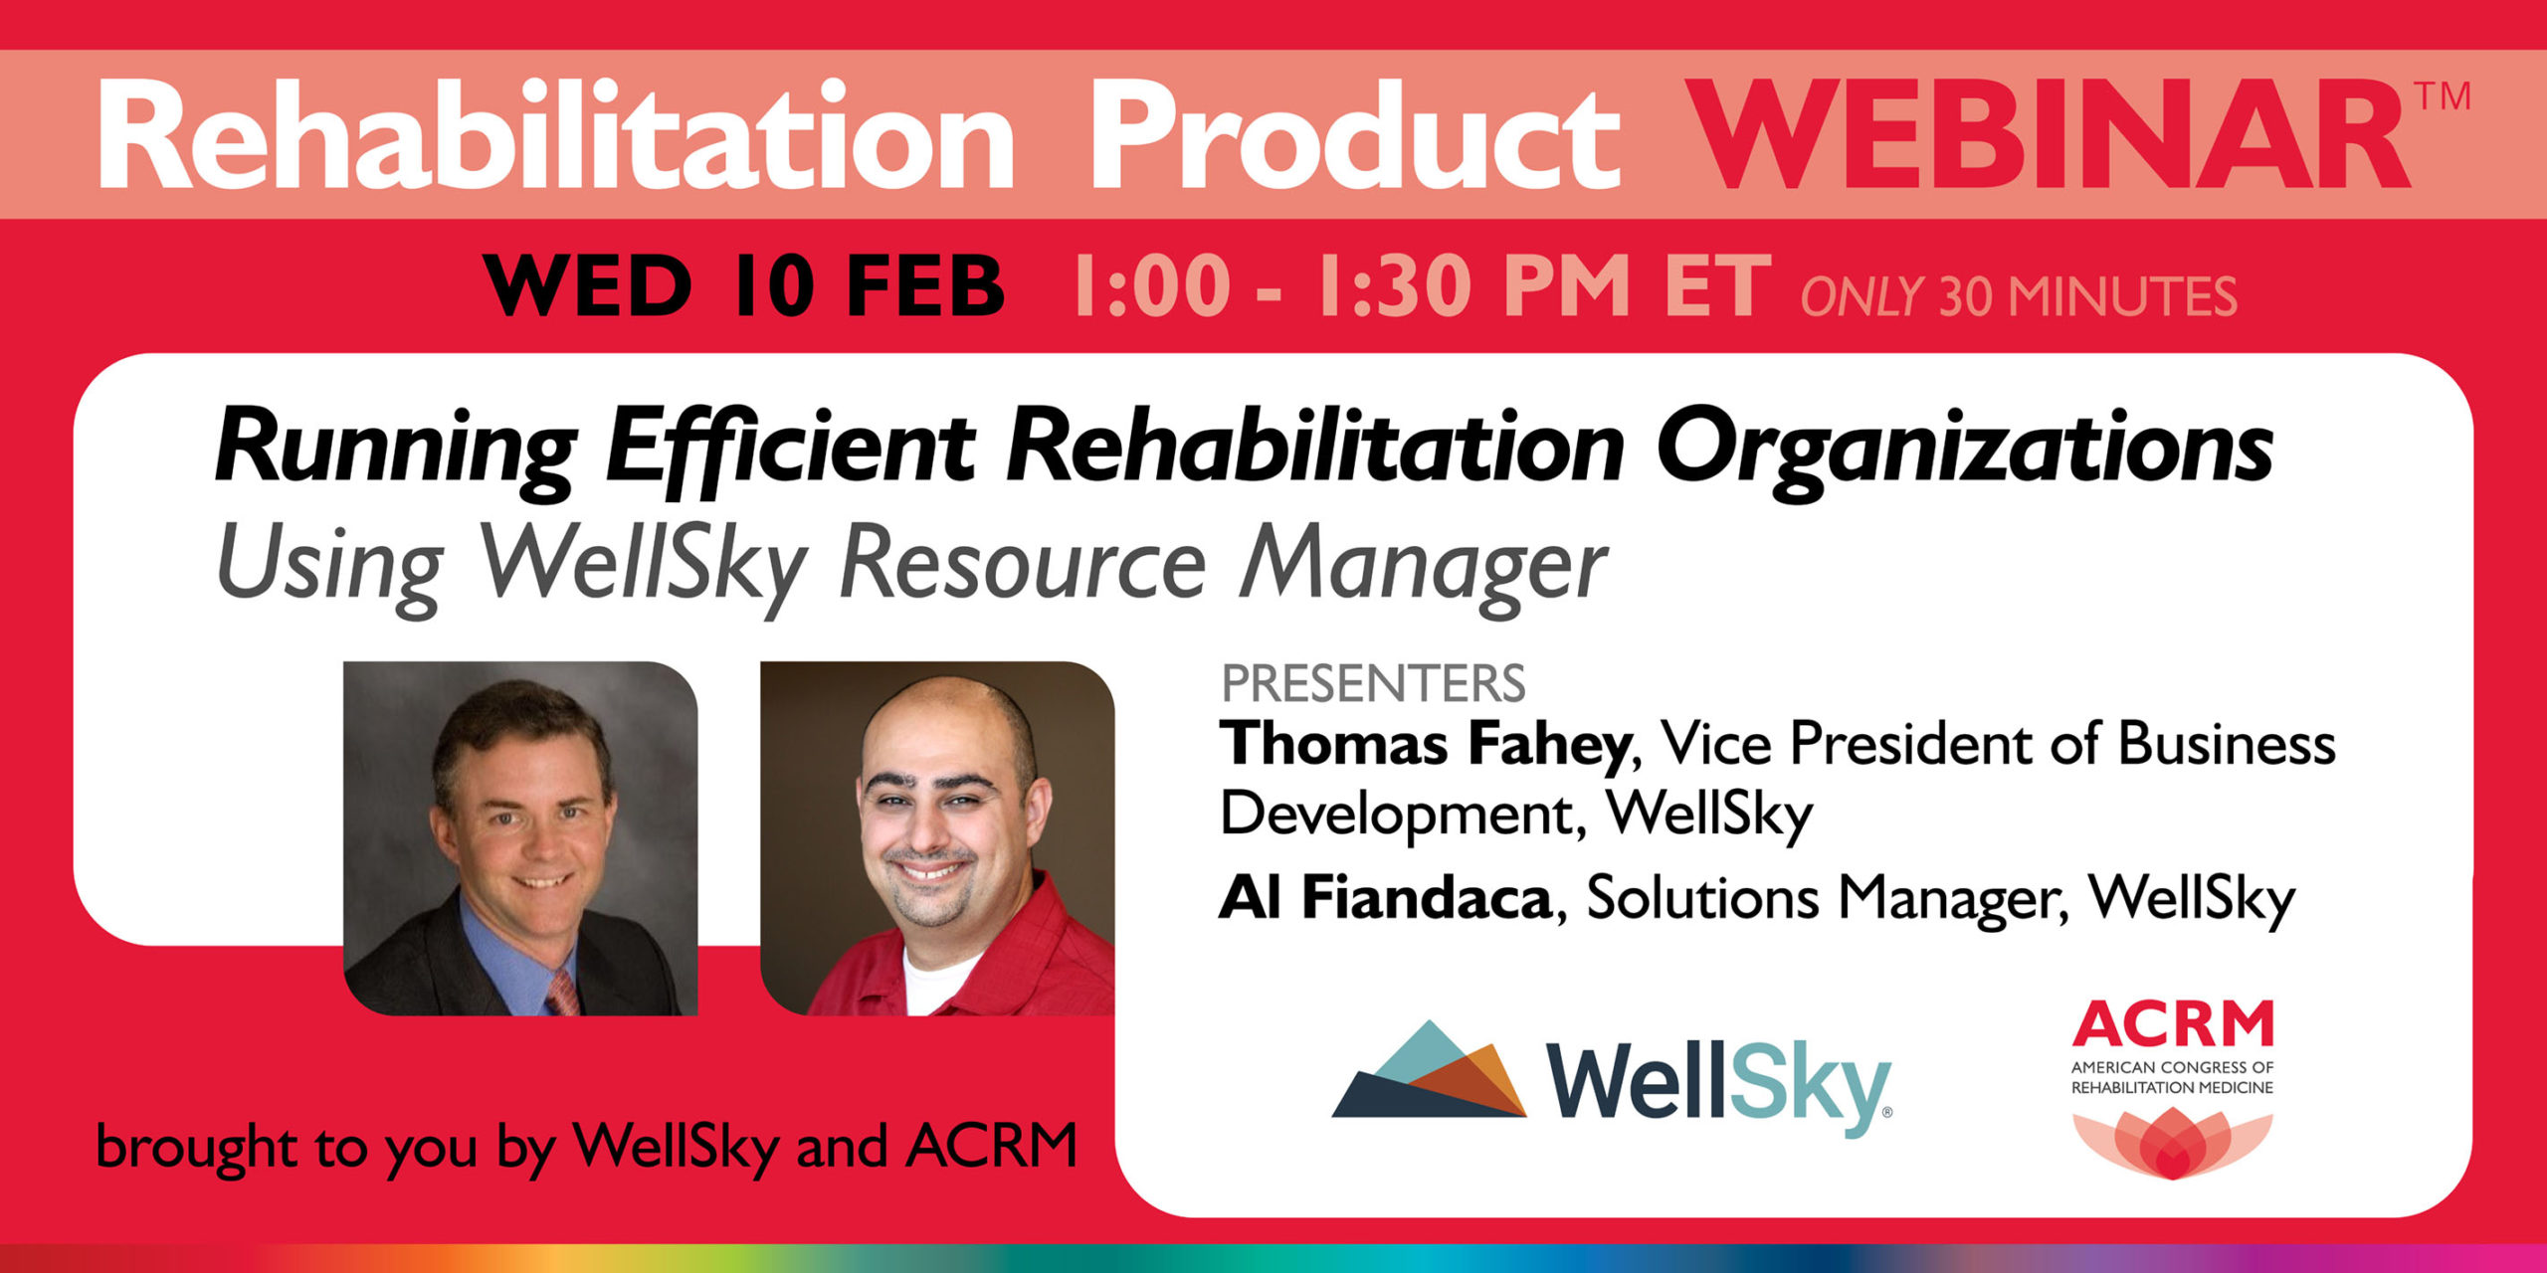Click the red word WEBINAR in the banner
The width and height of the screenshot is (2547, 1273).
tap(2051, 135)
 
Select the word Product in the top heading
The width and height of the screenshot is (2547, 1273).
tap(1355, 135)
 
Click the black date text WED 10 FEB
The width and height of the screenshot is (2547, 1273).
tap(744, 285)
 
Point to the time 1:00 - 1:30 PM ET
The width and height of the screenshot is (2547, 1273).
tap(1422, 285)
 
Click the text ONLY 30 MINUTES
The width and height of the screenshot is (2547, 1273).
tap(2019, 296)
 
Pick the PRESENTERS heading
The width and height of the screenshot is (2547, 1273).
tap(1373, 683)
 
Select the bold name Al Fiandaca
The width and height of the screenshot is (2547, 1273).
tap(1385, 898)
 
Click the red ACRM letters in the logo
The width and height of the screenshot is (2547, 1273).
tap(2173, 1024)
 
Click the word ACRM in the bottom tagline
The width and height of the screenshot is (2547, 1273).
tap(992, 1145)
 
